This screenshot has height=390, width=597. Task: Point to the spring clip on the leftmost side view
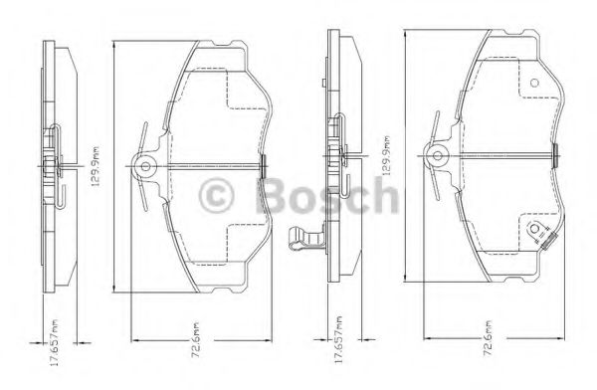[x=56, y=164]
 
